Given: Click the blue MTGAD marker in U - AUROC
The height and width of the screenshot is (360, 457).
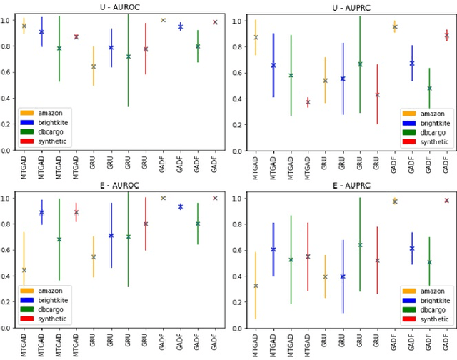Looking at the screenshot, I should pyautogui.click(x=41, y=32).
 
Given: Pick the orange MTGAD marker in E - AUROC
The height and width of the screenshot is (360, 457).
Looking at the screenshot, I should pyautogui.click(x=24, y=270).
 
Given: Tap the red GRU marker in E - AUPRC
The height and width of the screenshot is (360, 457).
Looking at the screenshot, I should pyautogui.click(x=377, y=261).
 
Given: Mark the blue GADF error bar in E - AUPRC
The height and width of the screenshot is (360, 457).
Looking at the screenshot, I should pyautogui.click(x=412, y=248).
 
